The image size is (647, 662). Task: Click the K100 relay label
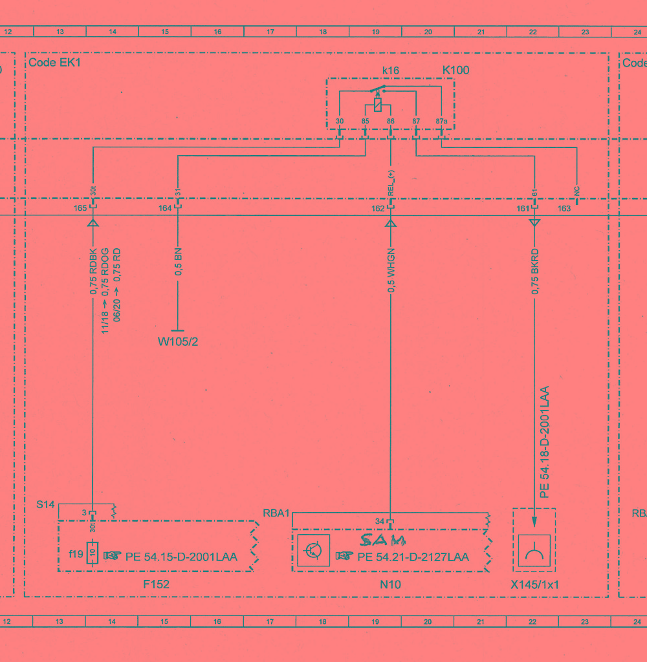click(455, 70)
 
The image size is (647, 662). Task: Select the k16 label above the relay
click(391, 70)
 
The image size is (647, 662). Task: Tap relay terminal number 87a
click(441, 121)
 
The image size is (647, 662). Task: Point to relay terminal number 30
click(340, 121)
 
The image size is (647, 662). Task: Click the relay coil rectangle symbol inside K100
click(378, 104)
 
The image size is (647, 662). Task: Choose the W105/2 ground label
click(178, 341)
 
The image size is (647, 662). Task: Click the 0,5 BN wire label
click(179, 262)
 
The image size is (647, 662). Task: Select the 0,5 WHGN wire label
click(391, 271)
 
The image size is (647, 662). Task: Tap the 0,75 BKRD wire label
click(535, 272)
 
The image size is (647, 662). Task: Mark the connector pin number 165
click(80, 208)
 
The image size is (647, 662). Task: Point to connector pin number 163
click(564, 209)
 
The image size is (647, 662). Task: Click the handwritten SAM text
click(383, 540)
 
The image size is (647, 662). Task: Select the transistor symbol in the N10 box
click(314, 551)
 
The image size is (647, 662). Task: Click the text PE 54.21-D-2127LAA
click(413, 557)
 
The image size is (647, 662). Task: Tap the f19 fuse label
click(76, 553)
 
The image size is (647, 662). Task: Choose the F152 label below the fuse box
click(157, 584)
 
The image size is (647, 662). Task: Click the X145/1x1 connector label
click(534, 584)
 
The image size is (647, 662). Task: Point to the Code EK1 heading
click(54, 63)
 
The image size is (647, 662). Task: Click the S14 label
click(45, 504)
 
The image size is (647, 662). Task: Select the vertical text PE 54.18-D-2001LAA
click(545, 442)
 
